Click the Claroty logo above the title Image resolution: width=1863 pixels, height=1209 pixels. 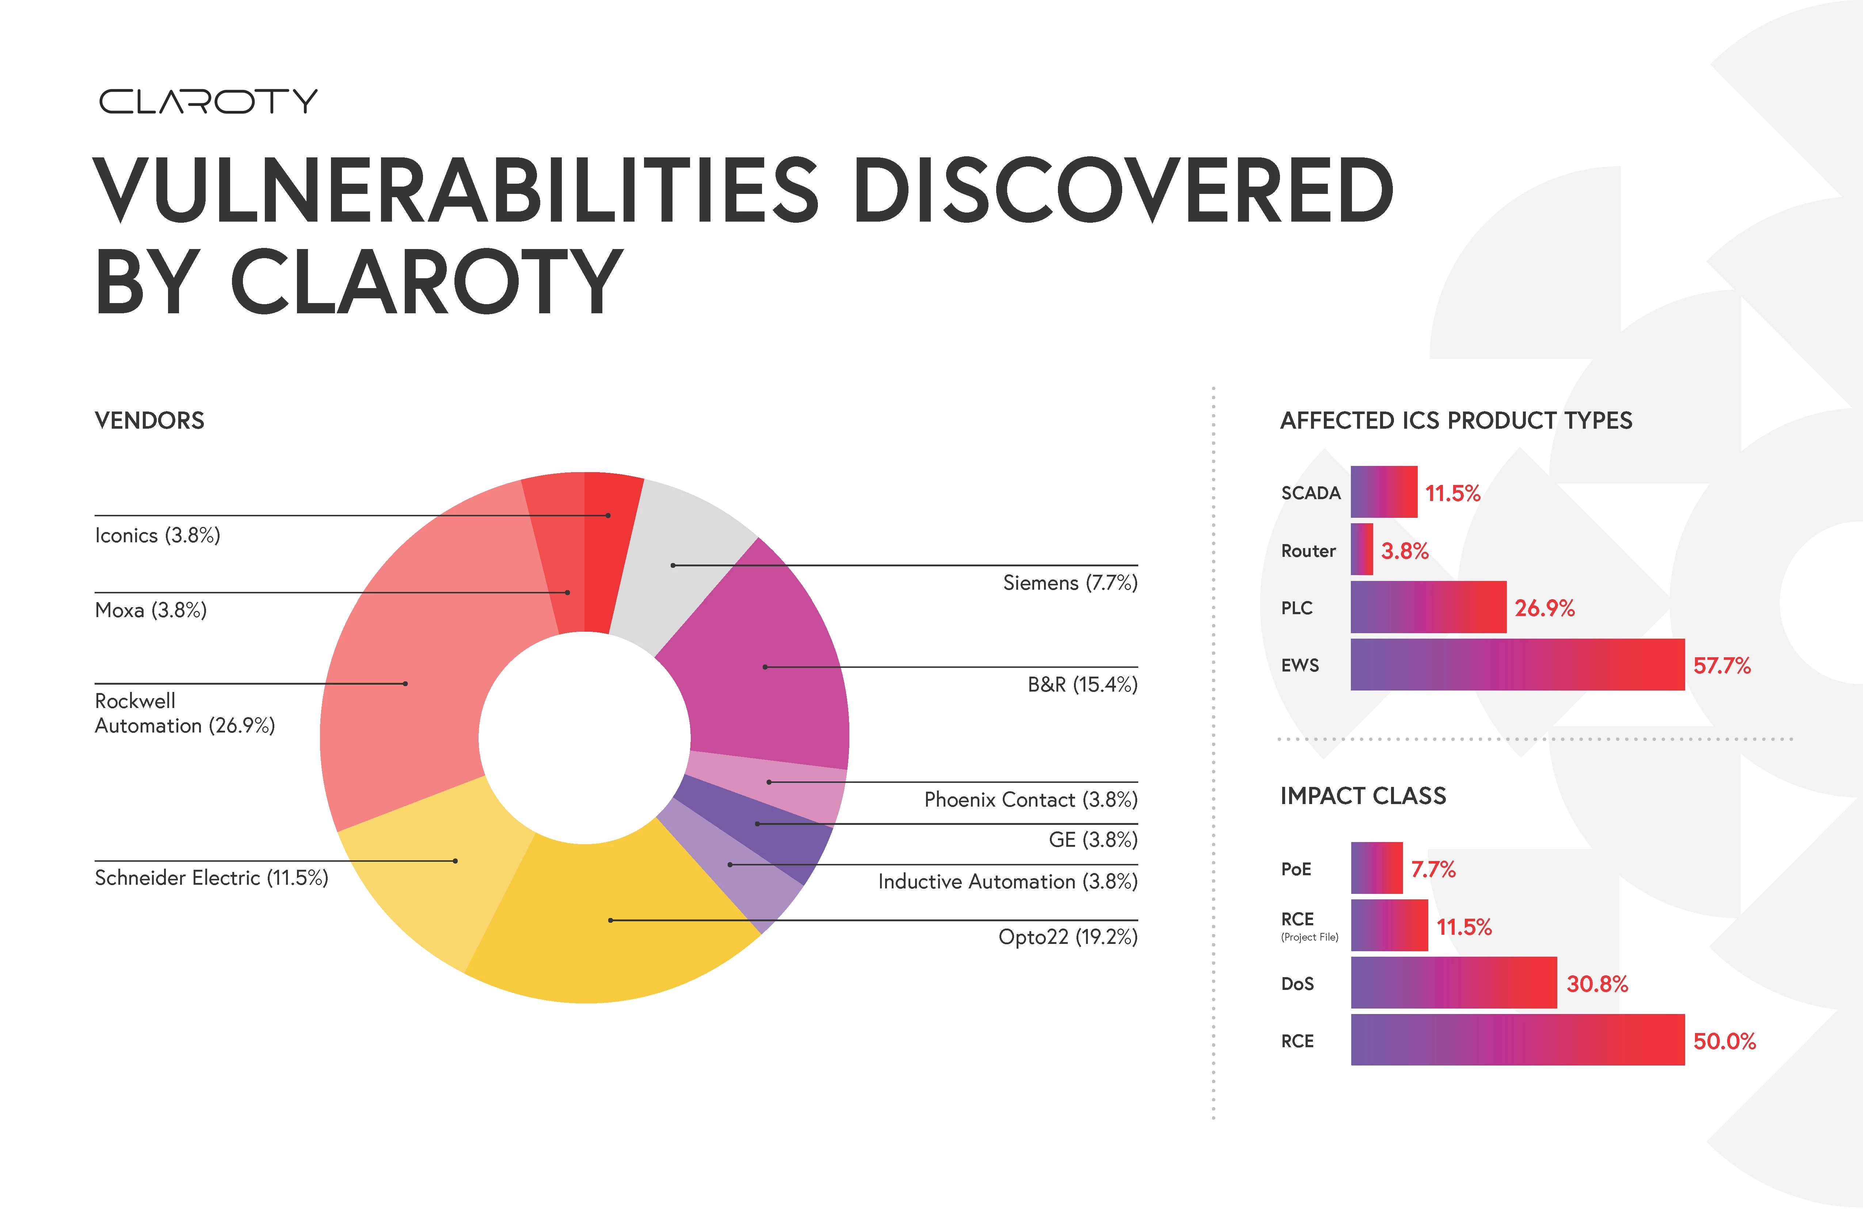[208, 101]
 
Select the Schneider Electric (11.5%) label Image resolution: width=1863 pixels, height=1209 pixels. [212, 877]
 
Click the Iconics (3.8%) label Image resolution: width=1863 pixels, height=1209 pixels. [157, 535]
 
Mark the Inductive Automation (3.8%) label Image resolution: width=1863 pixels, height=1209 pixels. [1007, 881]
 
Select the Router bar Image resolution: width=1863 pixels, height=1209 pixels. [1361, 549]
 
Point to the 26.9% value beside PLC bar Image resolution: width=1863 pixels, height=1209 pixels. [1544, 608]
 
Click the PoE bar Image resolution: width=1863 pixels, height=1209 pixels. [1376, 868]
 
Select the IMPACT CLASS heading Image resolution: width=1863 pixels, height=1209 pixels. [1363, 796]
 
